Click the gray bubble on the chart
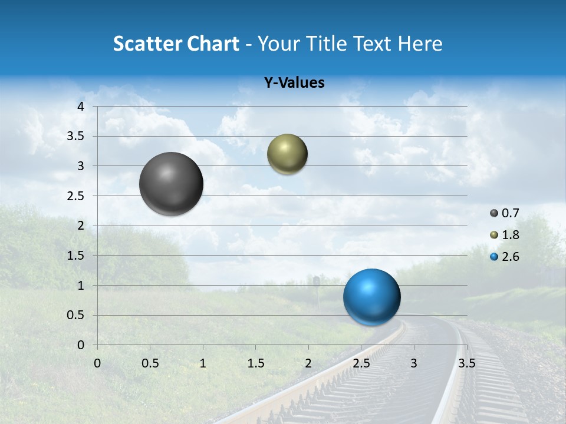[171, 184]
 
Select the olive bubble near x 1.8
[287, 154]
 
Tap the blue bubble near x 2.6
[371, 297]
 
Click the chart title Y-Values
[294, 83]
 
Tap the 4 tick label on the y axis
[81, 106]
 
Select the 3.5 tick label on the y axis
[76, 136]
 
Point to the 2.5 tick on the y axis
[76, 196]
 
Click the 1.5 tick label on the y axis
[76, 256]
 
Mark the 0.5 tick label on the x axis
[150, 363]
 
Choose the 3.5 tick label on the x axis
[466, 363]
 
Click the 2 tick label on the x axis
[308, 363]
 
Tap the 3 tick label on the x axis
[414, 363]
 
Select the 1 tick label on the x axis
[203, 363]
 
